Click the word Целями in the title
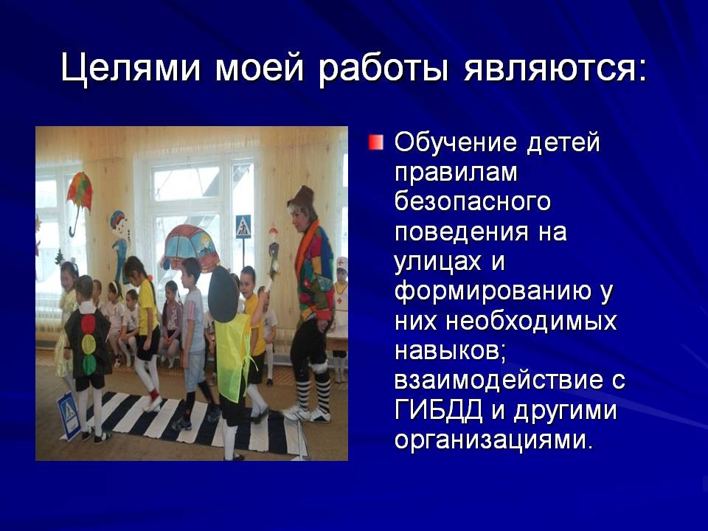pos(131,69)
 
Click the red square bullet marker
pos(375,142)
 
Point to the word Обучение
pos(456,143)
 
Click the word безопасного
pos(472,201)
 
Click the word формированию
pos(493,292)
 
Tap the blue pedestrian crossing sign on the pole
pos(243,226)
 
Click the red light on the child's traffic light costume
pos(88,324)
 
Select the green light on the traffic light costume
pos(89,364)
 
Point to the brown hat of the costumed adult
pos(302,198)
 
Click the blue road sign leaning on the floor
pos(69,415)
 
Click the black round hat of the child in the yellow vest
pos(223,294)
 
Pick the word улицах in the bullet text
pos(437,263)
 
